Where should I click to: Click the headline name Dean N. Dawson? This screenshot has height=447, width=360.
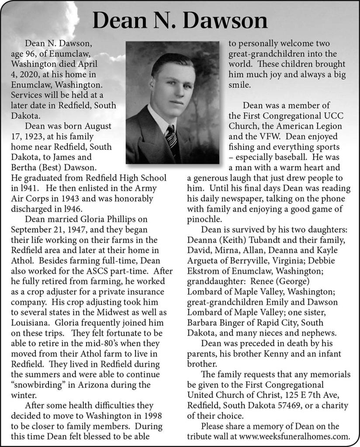[x=180, y=21]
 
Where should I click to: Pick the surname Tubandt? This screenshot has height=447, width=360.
[x=257, y=240]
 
